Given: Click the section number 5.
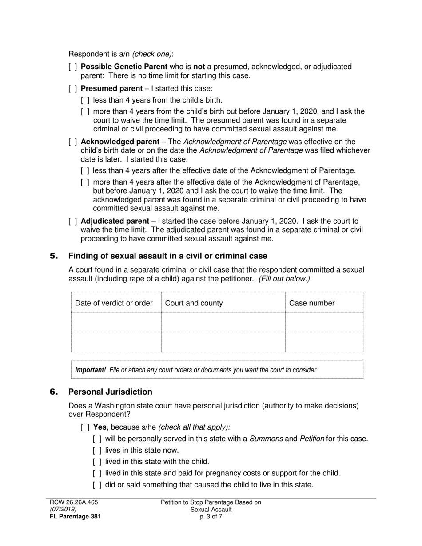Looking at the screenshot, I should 54,256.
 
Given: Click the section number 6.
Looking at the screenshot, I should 54,392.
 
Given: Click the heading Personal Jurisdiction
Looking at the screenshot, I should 110,392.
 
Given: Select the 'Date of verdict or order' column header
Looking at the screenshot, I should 114,303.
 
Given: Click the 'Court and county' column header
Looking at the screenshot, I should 194,303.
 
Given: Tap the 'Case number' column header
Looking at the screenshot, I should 312,303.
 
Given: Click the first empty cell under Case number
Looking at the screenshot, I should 324,322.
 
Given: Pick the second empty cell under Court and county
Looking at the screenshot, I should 223,342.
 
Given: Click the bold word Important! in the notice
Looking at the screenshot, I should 91,370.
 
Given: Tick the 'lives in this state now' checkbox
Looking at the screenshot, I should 97,451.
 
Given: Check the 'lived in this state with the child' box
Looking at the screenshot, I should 97,462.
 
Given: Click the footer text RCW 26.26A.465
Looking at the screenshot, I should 74,502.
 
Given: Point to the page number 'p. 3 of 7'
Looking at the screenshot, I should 211,517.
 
